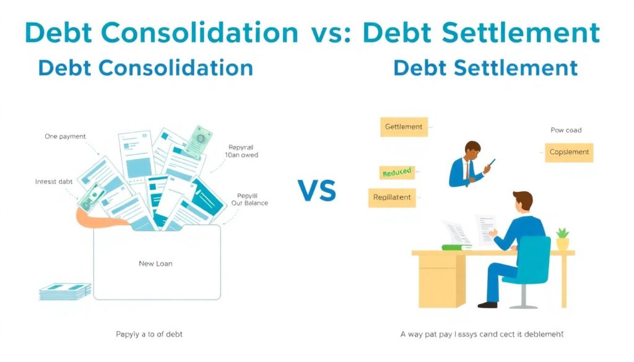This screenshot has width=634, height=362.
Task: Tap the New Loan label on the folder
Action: click(x=155, y=264)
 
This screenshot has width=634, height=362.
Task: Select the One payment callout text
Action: click(x=65, y=136)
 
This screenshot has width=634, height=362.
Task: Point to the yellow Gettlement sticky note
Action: click(x=403, y=127)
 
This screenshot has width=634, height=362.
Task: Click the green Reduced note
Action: click(x=396, y=173)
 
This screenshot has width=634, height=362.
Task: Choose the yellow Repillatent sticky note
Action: click(x=392, y=198)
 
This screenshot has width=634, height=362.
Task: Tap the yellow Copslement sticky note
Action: click(x=569, y=152)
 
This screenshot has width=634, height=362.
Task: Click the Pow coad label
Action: click(x=566, y=131)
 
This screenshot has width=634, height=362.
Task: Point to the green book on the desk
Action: click(x=457, y=248)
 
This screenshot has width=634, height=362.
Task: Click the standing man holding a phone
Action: click(x=469, y=164)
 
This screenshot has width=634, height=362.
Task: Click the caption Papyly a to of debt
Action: click(x=149, y=334)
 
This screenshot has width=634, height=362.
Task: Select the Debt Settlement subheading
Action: click(x=485, y=67)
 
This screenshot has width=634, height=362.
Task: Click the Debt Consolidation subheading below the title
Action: click(x=145, y=67)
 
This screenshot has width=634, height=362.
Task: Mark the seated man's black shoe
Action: click(x=487, y=304)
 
